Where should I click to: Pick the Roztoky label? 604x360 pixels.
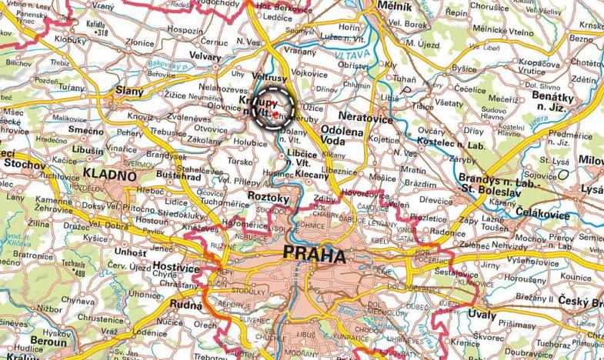(x=269, y=198)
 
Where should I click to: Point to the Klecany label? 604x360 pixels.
(x=312, y=175)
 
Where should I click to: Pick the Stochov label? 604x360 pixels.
(x=19, y=163)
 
